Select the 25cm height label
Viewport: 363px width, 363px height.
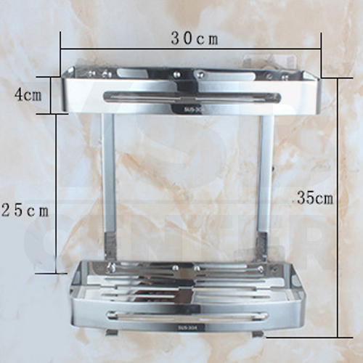coord(24,211)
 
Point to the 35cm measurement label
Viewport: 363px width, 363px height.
coord(314,197)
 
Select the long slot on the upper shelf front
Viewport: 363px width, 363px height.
coord(192,97)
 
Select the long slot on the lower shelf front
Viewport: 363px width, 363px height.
coord(192,315)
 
